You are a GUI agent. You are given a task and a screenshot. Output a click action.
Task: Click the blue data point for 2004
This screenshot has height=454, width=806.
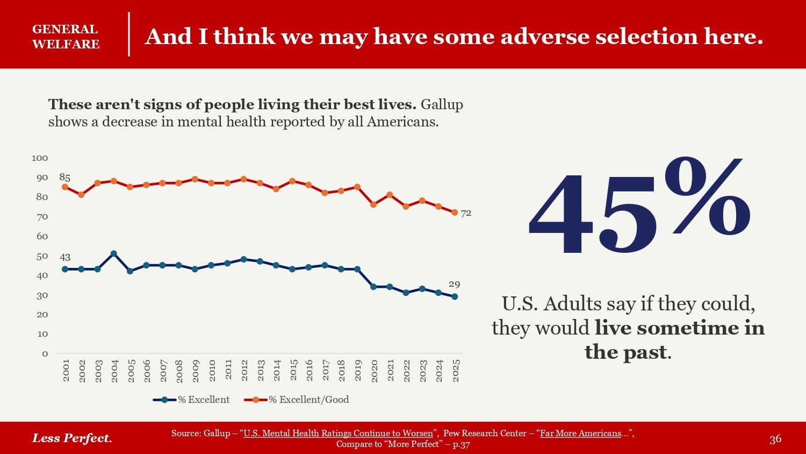pos(113,253)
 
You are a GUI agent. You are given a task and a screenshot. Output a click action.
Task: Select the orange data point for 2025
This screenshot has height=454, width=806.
pos(455,212)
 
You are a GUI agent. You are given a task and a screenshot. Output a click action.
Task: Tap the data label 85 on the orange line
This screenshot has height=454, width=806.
pos(64,177)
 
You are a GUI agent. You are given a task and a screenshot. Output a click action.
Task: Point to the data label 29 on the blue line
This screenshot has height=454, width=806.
pos(455,284)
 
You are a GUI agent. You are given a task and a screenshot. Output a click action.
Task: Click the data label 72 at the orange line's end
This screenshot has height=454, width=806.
pos(466,213)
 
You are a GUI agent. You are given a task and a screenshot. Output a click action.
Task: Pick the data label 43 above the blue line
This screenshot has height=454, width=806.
pos(65,257)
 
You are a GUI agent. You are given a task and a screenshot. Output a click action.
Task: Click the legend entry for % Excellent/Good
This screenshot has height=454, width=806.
pos(297,400)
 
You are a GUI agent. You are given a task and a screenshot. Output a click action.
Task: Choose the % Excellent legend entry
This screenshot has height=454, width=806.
pos(192,400)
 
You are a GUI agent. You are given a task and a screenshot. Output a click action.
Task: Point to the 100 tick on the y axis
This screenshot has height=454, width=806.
pos(40,158)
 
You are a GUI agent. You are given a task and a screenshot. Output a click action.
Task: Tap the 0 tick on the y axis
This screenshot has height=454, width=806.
pos(45,353)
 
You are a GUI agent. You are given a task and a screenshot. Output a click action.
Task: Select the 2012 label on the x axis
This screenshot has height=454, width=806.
pos(244,371)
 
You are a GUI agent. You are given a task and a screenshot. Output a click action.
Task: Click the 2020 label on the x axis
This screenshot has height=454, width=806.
pos(375,371)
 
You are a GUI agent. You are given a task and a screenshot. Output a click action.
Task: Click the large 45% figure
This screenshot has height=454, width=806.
pos(639,207)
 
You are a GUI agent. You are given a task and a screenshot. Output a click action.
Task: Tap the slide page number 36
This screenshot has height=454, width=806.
pos(775,439)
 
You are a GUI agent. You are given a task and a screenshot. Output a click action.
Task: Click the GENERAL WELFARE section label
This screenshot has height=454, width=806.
pos(66,37)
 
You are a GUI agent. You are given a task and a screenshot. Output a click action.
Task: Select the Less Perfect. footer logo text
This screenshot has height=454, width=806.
pos(72,438)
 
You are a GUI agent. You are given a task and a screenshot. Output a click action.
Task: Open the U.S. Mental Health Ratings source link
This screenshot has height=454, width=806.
pos(338,434)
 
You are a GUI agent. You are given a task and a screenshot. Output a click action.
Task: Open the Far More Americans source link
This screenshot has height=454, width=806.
pos(580,434)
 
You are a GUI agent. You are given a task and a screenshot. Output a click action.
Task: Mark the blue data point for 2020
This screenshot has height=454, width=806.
pos(373,287)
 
